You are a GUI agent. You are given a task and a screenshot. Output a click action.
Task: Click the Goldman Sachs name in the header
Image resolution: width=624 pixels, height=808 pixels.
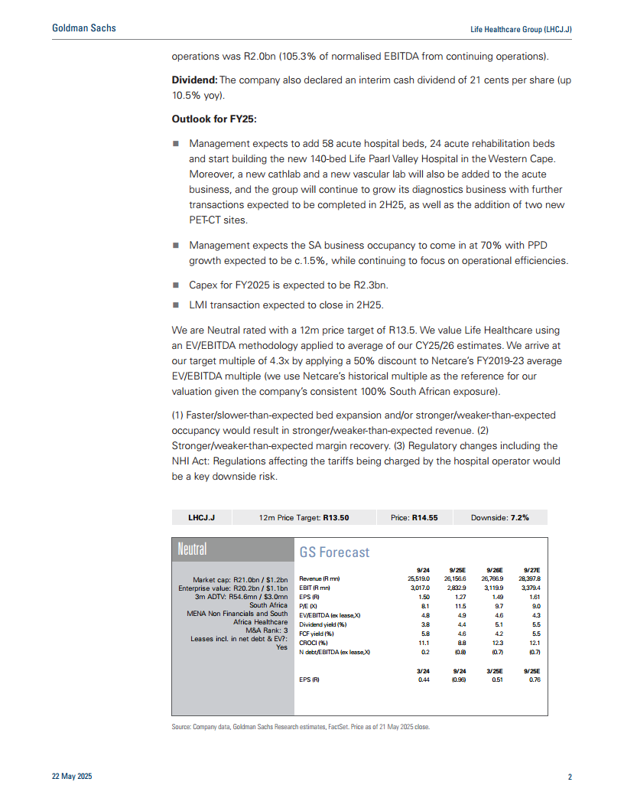(83, 28)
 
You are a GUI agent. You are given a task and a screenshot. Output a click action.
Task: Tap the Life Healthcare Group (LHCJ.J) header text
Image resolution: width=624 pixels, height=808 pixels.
(521, 29)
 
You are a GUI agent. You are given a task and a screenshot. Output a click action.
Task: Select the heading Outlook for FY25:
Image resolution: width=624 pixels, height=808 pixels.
(214, 120)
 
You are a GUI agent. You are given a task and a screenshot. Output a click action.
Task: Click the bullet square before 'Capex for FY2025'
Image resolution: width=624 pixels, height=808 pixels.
(175, 285)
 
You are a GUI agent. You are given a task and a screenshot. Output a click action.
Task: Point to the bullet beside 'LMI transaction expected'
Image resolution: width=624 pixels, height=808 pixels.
(175, 305)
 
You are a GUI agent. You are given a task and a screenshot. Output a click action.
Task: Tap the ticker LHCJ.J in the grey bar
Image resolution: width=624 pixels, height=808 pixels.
(201, 517)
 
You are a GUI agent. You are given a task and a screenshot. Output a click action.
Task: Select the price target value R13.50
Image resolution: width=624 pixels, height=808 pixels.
(336, 517)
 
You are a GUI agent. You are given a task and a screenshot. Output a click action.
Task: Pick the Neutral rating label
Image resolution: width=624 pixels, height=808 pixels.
(192, 549)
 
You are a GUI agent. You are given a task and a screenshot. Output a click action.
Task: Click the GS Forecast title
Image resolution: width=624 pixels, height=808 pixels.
(334, 552)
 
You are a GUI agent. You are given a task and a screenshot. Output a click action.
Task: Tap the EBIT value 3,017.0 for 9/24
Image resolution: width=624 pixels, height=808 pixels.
(418, 588)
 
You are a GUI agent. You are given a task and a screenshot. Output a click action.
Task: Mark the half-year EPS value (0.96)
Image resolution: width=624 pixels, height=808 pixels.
(459, 678)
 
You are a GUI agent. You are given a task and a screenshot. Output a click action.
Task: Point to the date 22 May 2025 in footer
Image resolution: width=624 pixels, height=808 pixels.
(72, 777)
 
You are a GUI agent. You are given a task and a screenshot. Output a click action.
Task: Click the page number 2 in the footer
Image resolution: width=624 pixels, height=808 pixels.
(570, 777)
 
